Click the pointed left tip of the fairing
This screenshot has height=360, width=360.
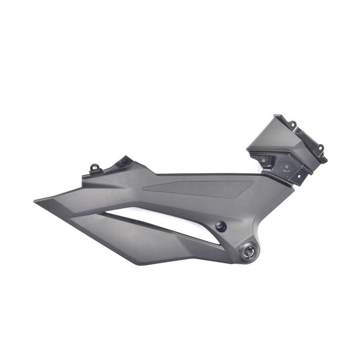pos(35,201)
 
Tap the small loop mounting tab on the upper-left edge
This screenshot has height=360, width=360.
pos(95,168)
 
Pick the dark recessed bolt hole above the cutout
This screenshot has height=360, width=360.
pos(220,227)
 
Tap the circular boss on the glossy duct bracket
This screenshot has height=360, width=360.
pos(285,166)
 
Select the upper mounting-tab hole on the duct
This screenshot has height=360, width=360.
pos(292,123)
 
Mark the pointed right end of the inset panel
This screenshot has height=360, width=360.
pos(252,182)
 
